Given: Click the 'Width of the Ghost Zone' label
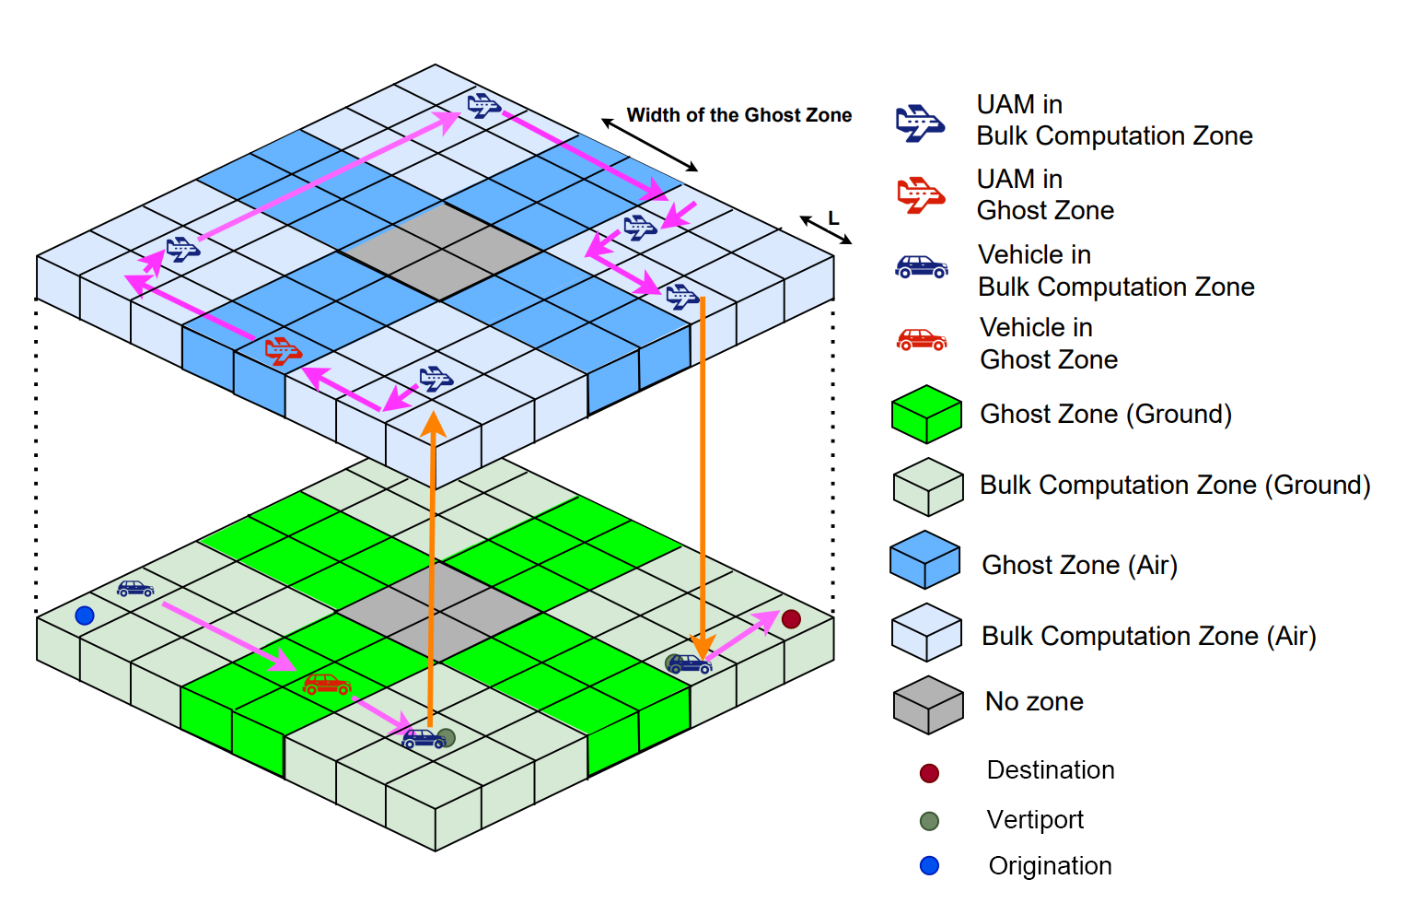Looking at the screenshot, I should coord(738,115).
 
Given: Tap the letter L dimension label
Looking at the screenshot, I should coord(833,218).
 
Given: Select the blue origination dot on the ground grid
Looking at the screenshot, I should coord(85,616).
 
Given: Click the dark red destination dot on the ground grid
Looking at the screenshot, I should coord(791,619).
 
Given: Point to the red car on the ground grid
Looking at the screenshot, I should coord(327,684).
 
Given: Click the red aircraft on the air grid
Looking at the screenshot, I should coord(283,351).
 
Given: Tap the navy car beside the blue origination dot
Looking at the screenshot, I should coord(135,588).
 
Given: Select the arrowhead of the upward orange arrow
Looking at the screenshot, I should coord(433,424).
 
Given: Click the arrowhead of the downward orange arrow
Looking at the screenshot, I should coord(703,649).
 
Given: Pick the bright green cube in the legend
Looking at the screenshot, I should coord(926,415).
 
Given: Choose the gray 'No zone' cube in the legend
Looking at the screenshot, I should coord(927,705).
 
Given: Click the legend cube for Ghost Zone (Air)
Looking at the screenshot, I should coord(925,560).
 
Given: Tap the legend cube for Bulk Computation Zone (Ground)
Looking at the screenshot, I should coord(927,487).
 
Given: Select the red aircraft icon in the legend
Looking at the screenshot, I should coord(920,195).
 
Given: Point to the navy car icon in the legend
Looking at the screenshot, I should coord(922,268).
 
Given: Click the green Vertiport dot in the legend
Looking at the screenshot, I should coord(929,821).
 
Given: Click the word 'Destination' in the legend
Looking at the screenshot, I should coord(1050,770).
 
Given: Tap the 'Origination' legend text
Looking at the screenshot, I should coord(1050,866).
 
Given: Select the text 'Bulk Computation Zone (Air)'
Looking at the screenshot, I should coord(1148,637).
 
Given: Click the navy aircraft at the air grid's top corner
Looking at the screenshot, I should coord(483,105).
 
